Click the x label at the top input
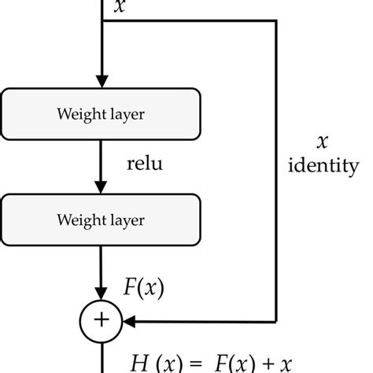(119, 7)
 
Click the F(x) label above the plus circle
(144, 288)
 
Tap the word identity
(323, 166)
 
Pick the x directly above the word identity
(321, 142)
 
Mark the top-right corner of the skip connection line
(276, 21)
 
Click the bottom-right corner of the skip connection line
(276, 320)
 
